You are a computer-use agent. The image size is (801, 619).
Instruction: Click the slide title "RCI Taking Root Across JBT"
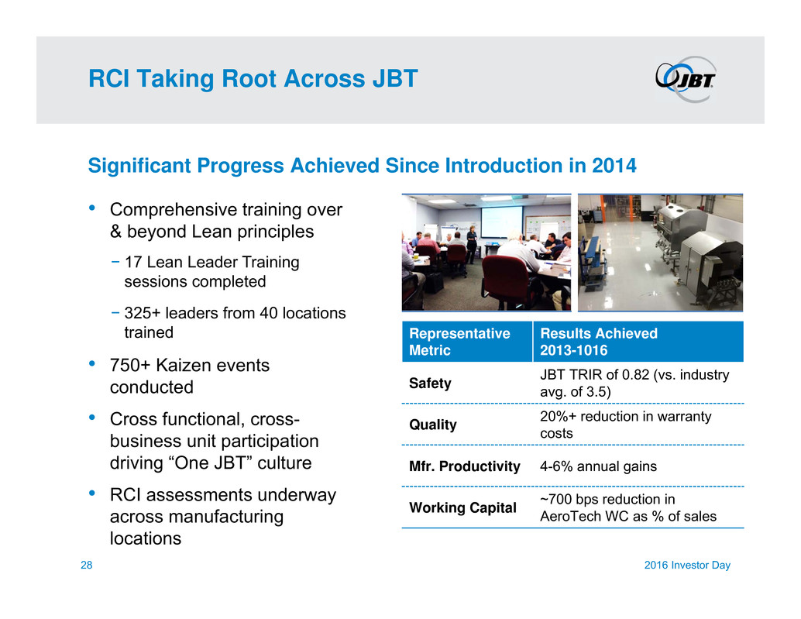click(253, 79)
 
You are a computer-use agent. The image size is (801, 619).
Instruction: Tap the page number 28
click(86, 565)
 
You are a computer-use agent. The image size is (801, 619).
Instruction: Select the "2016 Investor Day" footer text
click(687, 565)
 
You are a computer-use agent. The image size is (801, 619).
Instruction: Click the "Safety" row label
click(430, 383)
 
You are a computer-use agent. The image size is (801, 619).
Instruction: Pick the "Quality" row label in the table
click(433, 425)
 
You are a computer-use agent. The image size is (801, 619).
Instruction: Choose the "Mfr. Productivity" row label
click(464, 466)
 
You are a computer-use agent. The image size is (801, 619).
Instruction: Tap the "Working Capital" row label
click(462, 507)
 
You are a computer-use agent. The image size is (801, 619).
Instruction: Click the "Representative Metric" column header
click(459, 342)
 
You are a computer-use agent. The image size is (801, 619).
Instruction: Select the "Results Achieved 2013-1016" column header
click(599, 342)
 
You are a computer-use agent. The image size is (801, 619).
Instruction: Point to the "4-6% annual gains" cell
click(598, 466)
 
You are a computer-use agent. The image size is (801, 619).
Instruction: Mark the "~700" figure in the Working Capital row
click(557, 499)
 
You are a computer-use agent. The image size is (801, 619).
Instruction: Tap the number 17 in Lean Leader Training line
click(132, 262)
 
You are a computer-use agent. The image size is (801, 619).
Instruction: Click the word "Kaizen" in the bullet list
click(184, 365)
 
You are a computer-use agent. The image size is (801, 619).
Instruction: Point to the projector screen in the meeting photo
click(502, 221)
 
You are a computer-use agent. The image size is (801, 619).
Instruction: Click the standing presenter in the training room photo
click(471, 243)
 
